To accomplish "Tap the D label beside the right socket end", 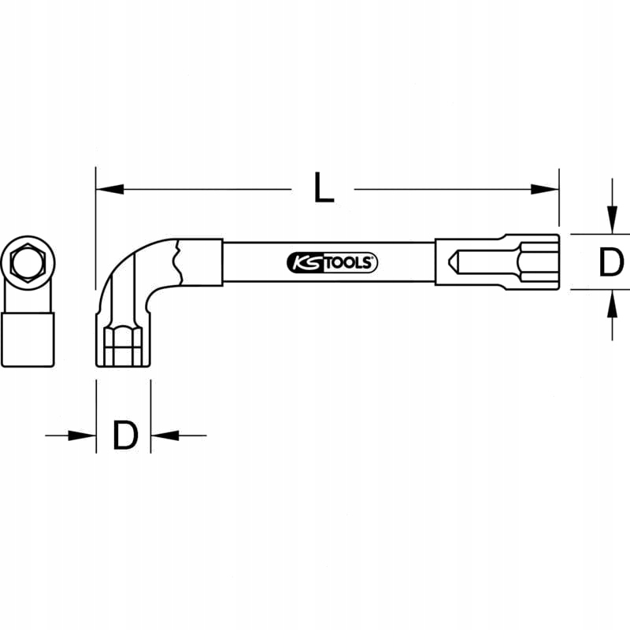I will click(x=611, y=262).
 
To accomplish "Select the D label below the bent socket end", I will click(x=124, y=435).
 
